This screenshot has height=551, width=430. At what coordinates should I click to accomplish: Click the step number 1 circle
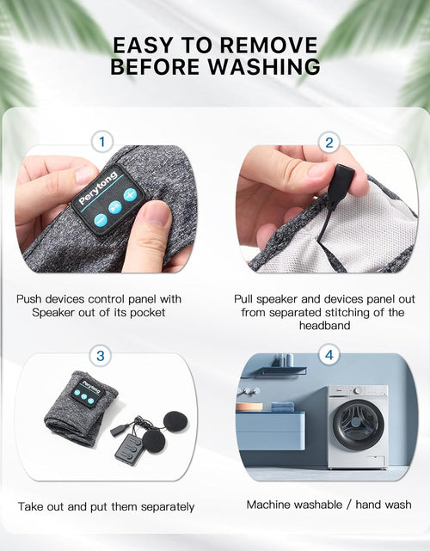point(102,142)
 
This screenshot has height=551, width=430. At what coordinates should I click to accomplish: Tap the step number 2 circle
point(329,143)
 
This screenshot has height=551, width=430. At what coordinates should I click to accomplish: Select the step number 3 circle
point(101,356)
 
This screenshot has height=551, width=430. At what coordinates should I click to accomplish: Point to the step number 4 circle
point(329,355)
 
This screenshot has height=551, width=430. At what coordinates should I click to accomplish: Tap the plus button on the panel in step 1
point(130,194)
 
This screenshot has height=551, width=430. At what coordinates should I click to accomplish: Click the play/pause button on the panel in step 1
point(114,207)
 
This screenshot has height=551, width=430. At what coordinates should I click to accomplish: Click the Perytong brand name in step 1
point(97,188)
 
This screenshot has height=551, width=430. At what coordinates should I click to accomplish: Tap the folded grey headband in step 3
point(81,408)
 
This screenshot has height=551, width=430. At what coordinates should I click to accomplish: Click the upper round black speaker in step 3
point(175,420)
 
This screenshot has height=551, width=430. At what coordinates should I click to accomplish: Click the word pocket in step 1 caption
point(147,313)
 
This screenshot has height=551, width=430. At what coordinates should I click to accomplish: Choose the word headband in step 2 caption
point(324,326)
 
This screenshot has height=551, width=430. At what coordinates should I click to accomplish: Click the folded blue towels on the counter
point(283,407)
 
